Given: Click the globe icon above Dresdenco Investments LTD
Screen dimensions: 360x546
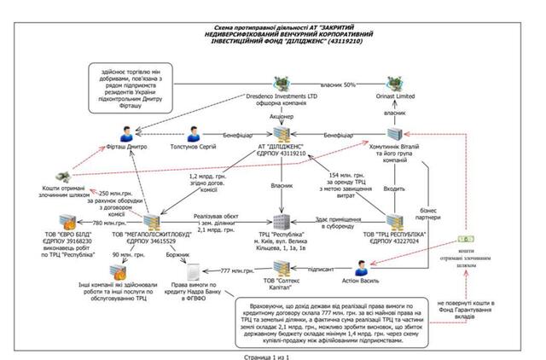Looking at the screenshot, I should (x=282, y=84).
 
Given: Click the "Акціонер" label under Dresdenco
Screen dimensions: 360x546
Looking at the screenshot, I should (x=282, y=111).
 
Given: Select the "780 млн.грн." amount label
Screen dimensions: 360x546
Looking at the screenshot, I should (x=110, y=224).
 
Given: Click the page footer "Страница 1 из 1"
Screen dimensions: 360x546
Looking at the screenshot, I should (x=273, y=353).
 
